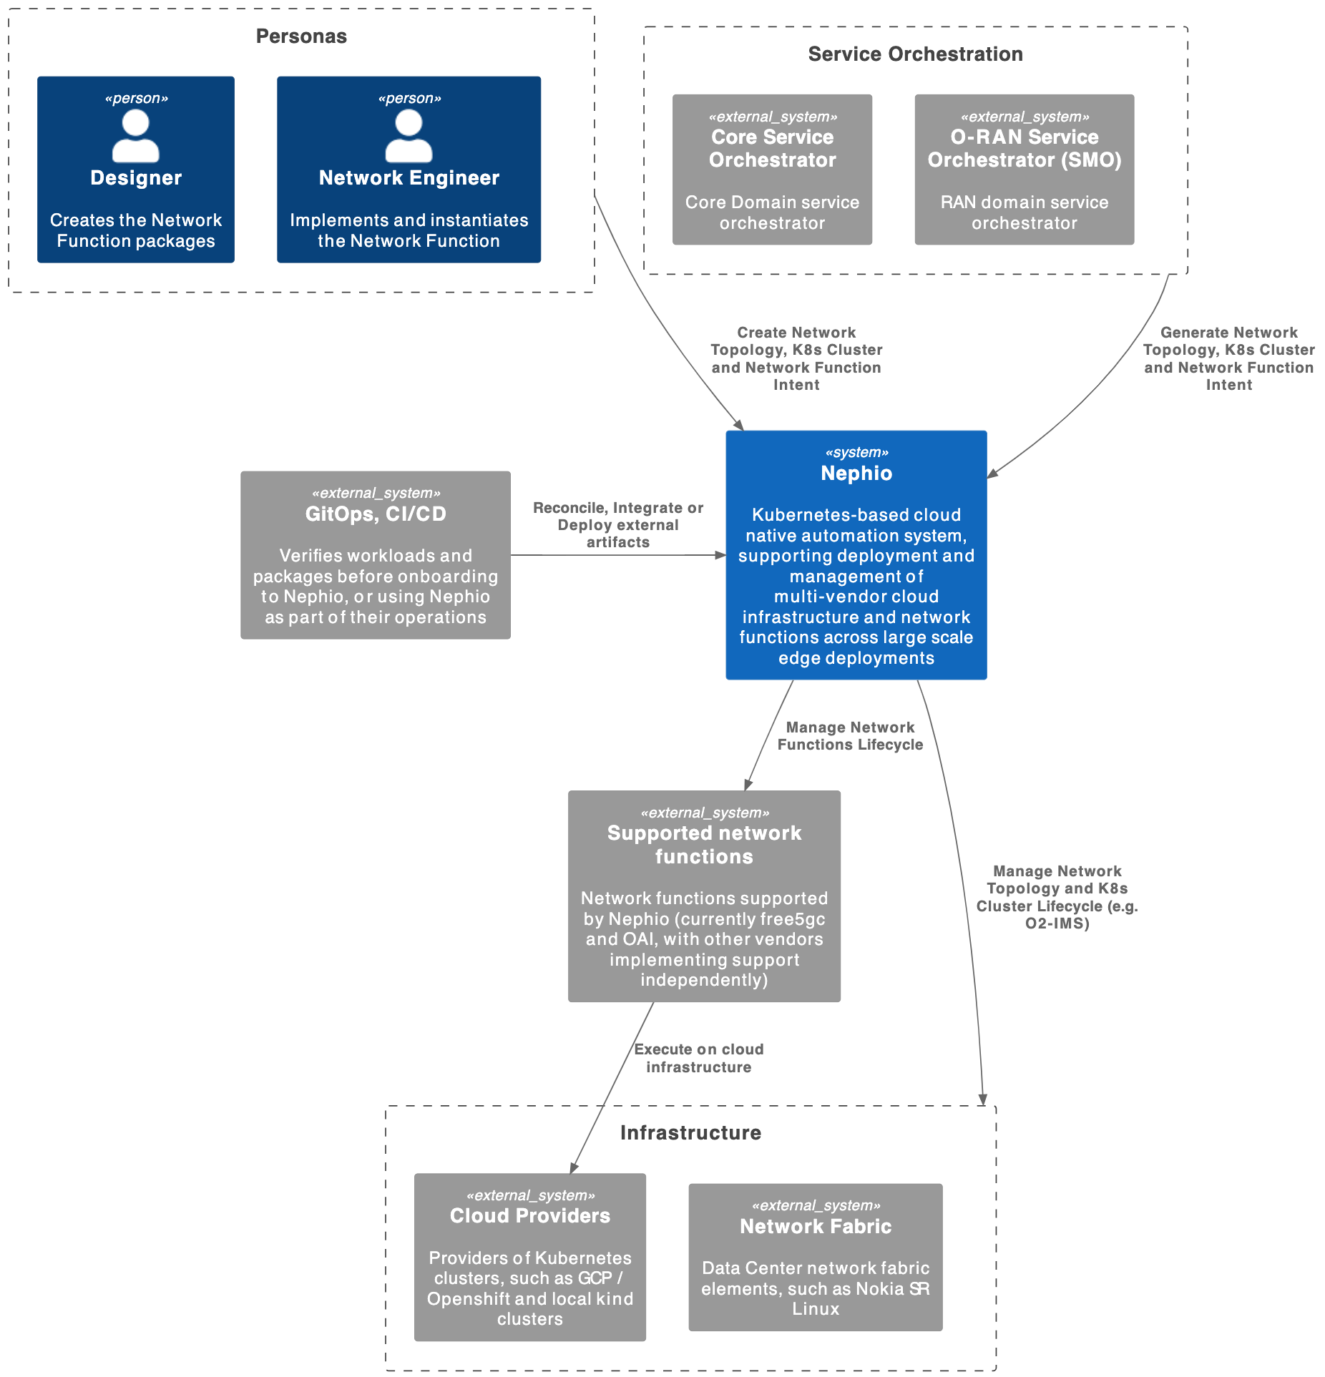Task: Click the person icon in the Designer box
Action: click(x=135, y=137)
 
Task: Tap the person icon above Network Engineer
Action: click(x=409, y=137)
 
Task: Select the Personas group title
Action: click(x=301, y=36)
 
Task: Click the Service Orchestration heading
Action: click(x=915, y=54)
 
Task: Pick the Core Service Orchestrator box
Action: click(x=772, y=170)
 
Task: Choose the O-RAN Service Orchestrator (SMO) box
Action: click(x=1024, y=170)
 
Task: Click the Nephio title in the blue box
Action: click(x=856, y=474)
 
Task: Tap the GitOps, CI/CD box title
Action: click(x=376, y=514)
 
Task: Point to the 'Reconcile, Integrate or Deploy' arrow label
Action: click(x=618, y=525)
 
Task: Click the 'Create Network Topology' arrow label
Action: click(x=796, y=358)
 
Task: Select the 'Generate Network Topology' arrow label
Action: click(x=1228, y=358)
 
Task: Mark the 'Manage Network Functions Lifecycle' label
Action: click(x=850, y=736)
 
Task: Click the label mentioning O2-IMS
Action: click(x=1057, y=897)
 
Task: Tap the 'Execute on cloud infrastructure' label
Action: click(x=698, y=1058)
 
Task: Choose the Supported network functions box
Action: click(x=704, y=896)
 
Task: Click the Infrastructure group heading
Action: click(x=690, y=1133)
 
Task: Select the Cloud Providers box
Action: click(x=529, y=1257)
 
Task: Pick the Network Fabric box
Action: click(x=815, y=1257)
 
